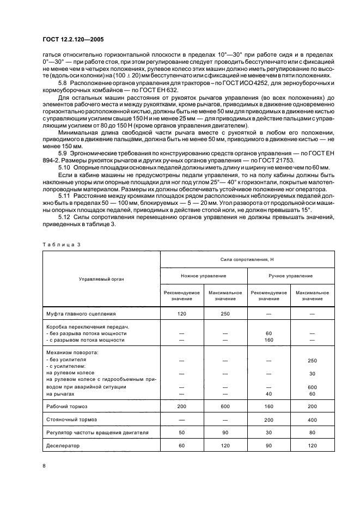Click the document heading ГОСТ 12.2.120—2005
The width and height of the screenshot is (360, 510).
(73, 39)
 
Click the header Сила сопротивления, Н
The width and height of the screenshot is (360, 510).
(247, 261)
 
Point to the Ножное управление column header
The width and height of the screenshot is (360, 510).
(203, 276)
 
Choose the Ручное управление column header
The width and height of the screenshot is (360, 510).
(290, 276)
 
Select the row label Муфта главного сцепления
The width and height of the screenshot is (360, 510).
(81, 314)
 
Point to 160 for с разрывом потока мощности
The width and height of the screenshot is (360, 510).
(269, 339)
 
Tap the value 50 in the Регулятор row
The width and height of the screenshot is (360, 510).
(181, 432)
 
